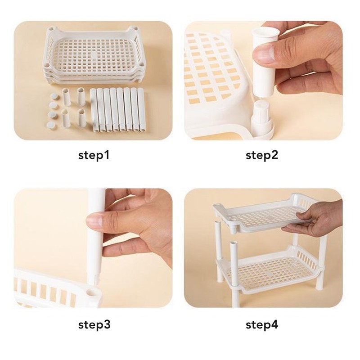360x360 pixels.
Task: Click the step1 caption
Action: (94, 156)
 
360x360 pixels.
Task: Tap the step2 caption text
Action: (262, 156)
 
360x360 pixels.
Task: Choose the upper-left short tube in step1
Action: (67, 97)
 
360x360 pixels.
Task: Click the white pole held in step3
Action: (96, 238)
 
